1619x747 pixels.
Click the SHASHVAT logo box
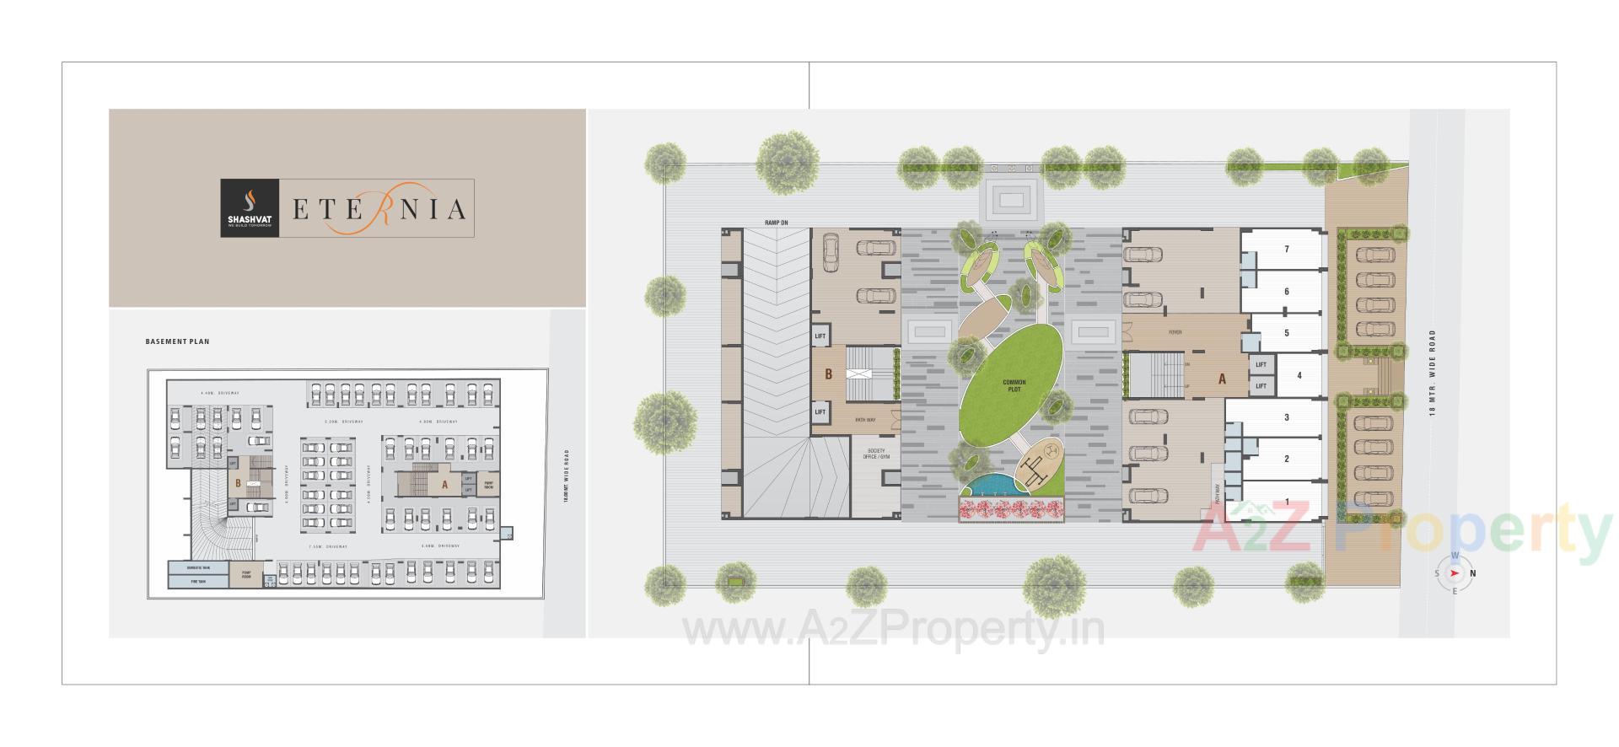[x=248, y=207]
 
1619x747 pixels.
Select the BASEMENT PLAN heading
[x=177, y=341]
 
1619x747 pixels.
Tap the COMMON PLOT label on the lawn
[x=1013, y=385]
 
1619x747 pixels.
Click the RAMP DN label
[x=776, y=223]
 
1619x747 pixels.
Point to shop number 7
[x=1287, y=249]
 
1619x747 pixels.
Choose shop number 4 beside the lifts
[x=1299, y=375]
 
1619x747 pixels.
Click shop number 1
[x=1287, y=502]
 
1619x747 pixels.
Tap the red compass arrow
[x=1455, y=574]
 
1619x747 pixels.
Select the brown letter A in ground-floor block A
[x=1221, y=379]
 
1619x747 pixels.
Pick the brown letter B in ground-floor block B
[x=828, y=374]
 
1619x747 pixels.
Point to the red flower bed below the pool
[x=1011, y=509]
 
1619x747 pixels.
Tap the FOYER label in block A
[x=1175, y=332]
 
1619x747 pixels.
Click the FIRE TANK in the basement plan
[x=198, y=582]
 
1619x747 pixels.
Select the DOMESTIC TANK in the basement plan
[x=198, y=568]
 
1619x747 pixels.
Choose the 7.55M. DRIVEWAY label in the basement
[x=328, y=546]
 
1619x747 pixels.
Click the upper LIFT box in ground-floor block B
[x=820, y=336]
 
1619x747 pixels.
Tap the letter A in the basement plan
[x=444, y=485]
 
